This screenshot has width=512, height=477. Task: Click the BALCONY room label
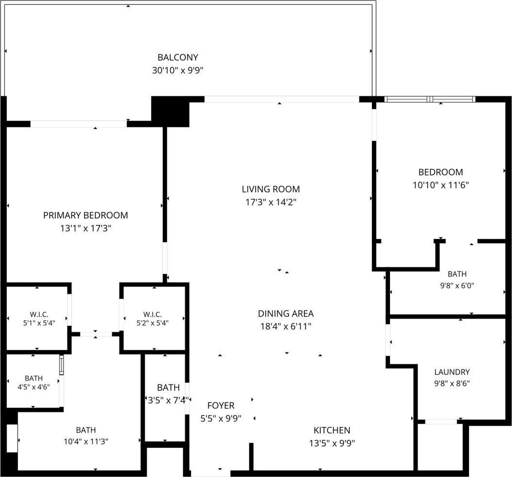click(x=178, y=58)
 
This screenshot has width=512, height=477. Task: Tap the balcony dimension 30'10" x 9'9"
click(x=178, y=70)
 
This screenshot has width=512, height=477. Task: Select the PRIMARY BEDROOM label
click(x=86, y=215)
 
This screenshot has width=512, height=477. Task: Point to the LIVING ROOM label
click(x=271, y=189)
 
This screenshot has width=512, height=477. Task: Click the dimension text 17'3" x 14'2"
click(x=271, y=202)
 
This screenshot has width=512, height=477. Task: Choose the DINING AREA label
click(x=286, y=314)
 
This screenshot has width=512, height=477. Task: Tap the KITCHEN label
click(x=332, y=430)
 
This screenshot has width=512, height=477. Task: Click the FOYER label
click(x=221, y=405)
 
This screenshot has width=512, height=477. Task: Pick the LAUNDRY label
click(x=452, y=372)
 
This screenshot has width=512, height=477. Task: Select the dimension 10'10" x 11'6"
click(x=440, y=185)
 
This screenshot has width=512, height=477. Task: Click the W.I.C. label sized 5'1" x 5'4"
click(x=39, y=314)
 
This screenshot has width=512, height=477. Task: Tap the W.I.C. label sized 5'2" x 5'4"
click(x=152, y=314)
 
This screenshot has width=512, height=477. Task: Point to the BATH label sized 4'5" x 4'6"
click(x=33, y=378)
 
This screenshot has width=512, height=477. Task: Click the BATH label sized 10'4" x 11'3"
click(x=86, y=430)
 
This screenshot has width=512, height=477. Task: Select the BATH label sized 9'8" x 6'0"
click(x=457, y=274)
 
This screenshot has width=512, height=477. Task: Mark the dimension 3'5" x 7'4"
click(x=168, y=400)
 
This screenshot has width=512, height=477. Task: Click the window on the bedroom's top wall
click(x=430, y=99)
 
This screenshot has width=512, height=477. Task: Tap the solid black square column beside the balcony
click(x=170, y=111)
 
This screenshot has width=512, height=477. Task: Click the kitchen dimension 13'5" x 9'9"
click(x=332, y=443)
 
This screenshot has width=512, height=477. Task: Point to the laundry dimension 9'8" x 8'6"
click(x=452, y=383)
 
